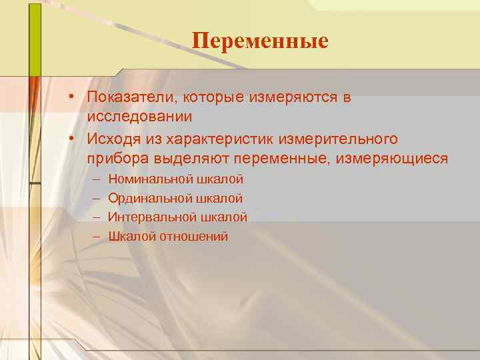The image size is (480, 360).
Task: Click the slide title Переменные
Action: click(x=260, y=41)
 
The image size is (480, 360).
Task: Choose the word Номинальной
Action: click(x=149, y=179)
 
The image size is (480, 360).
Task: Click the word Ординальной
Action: click(x=149, y=199)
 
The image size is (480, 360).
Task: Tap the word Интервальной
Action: click(x=151, y=217)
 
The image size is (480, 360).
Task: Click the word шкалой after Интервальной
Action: click(x=223, y=217)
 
